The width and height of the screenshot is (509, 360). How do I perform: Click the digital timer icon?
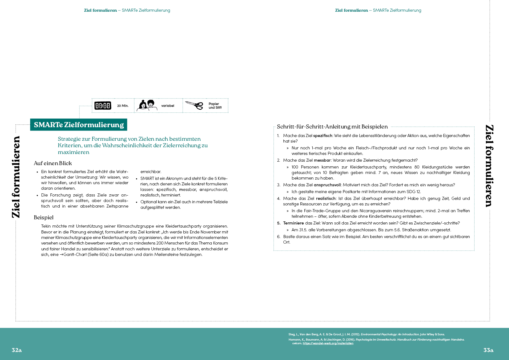[x=102, y=106]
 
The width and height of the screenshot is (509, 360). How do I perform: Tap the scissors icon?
[x=194, y=105]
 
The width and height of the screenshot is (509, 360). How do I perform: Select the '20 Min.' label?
[x=123, y=106]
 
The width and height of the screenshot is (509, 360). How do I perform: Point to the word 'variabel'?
[x=168, y=106]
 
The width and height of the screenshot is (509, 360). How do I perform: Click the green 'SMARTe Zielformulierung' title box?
[x=79, y=125]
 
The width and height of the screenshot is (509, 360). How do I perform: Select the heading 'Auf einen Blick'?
[x=53, y=163]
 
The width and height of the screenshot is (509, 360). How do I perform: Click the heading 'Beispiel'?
[x=44, y=217]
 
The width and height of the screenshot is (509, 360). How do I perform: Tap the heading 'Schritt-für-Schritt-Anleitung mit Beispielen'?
[x=332, y=127]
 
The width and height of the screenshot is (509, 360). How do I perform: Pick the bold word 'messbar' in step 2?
[x=322, y=160]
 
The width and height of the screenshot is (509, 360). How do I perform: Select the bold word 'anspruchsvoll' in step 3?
[x=327, y=185]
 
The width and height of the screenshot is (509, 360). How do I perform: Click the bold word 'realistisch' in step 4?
[x=326, y=199]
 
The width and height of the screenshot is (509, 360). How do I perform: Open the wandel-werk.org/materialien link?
[x=328, y=343]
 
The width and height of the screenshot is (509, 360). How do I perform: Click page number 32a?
[x=17, y=350]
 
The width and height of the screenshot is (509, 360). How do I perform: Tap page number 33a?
[x=488, y=350]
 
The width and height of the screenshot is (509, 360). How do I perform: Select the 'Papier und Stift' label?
[x=215, y=106]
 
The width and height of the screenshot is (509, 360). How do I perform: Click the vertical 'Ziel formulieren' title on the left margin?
[x=16, y=177]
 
